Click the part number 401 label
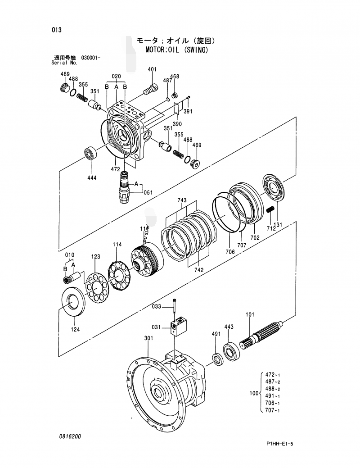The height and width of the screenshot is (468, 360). (152, 69)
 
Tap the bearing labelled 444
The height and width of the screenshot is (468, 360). (91, 153)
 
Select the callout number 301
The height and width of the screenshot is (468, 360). (148, 338)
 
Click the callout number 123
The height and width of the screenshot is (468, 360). (96, 256)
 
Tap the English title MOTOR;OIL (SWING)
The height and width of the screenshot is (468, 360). (177, 50)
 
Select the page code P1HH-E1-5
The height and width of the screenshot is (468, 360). (279, 445)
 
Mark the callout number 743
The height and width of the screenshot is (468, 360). (182, 200)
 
